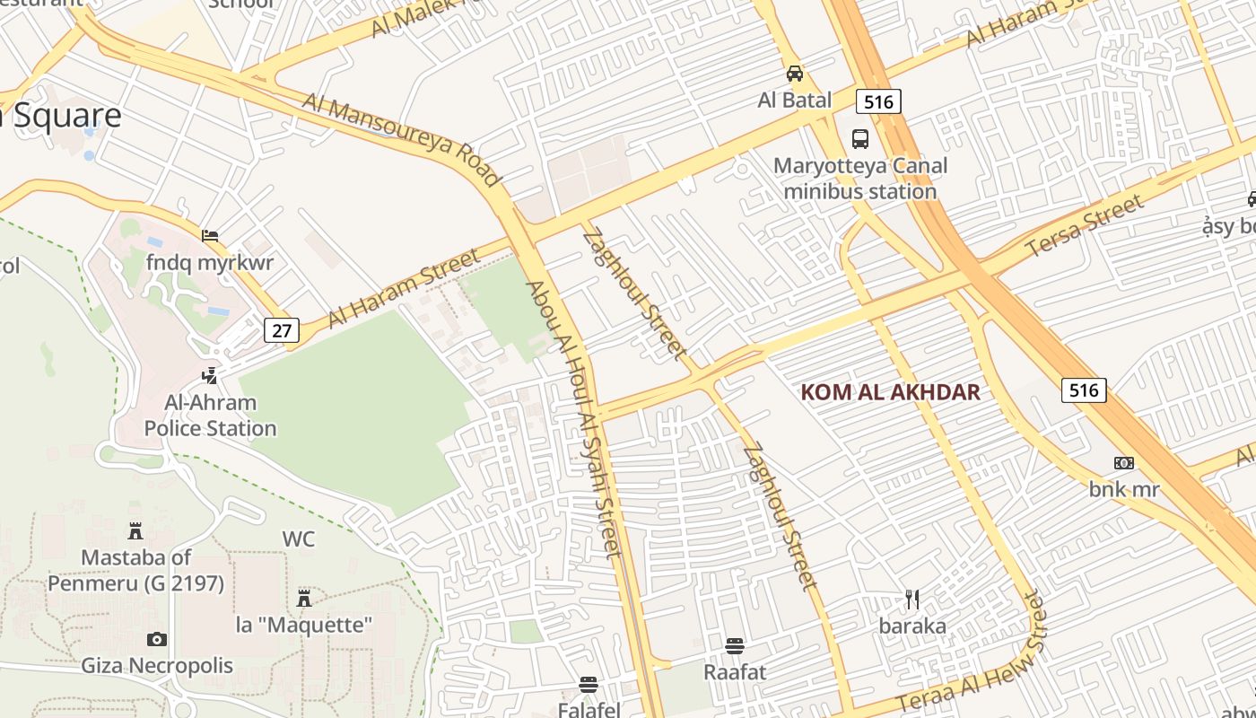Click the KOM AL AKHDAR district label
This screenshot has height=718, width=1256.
coord(890,392)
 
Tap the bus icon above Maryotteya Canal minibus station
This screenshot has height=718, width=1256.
coord(860,139)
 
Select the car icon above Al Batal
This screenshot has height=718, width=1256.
coord(795,74)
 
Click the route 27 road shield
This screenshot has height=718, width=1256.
coord(282,330)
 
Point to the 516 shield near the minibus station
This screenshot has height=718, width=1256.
coord(877,102)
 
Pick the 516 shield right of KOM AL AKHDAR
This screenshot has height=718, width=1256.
coord(1084,390)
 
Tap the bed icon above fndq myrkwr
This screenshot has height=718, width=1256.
coord(210,236)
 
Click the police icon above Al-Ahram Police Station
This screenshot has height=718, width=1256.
coord(210,375)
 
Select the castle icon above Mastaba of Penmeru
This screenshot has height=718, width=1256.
coord(135,530)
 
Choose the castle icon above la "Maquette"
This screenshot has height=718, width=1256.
coord(304,598)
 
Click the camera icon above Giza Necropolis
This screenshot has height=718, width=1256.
coord(157,639)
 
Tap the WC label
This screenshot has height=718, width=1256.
coord(299,538)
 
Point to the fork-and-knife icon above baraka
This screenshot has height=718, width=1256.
coord(912,599)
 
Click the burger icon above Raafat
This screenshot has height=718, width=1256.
coord(735,645)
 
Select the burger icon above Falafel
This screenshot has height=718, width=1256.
coord(589,684)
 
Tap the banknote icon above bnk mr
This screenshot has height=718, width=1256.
coord(1124,463)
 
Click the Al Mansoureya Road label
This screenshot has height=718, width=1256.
coord(401,139)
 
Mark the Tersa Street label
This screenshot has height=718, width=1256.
coord(1086,224)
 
